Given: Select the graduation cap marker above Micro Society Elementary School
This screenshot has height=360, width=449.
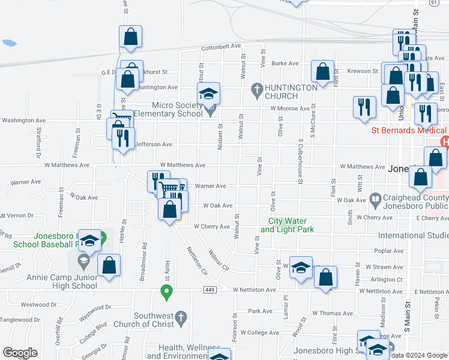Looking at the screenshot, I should coord(209,94).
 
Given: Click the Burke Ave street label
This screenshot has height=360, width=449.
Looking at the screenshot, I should coord(285,63).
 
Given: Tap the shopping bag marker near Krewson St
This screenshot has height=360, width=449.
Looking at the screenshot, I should coord(323,72).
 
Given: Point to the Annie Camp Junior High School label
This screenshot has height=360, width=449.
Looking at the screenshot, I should coord(62,281).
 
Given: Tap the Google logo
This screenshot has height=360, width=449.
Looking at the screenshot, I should coord(20,353).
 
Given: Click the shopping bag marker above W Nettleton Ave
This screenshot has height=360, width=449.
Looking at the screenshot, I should coord(325,278).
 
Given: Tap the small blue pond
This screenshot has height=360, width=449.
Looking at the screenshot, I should coord(9,43).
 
